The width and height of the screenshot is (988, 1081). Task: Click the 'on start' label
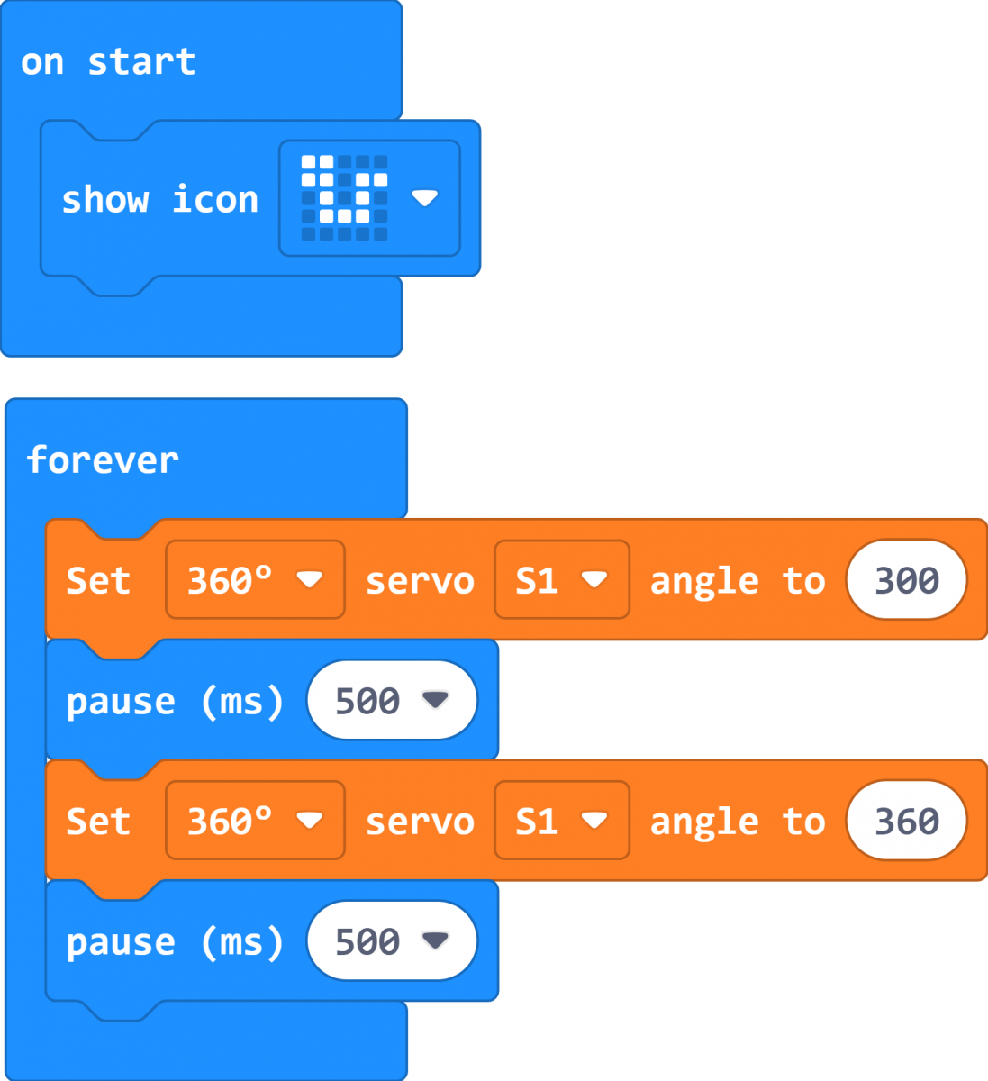[108, 62]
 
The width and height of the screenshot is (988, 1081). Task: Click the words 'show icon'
[160, 199]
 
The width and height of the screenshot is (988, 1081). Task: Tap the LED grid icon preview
[344, 198]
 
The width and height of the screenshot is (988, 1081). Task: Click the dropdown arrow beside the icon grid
[425, 198]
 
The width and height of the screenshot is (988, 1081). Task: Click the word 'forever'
[103, 460]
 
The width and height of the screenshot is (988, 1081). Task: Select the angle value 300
[907, 580]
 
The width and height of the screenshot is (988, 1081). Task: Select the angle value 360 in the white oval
[907, 821]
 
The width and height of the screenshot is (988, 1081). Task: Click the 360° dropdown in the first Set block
[255, 580]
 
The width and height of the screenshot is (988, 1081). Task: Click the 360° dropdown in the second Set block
[255, 821]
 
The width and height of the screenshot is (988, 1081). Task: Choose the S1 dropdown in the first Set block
[562, 580]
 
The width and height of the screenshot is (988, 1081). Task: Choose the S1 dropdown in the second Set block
[562, 821]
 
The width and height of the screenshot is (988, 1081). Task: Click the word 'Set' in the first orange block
[98, 581]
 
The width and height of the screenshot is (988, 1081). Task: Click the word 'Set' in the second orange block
[98, 822]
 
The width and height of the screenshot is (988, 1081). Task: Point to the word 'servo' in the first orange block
[420, 582]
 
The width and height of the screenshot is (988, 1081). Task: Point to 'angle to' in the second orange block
[738, 822]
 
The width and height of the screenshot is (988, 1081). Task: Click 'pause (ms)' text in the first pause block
[175, 702]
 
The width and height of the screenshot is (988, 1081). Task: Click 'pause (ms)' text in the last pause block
[175, 943]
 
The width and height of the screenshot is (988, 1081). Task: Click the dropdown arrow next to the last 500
[435, 940]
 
